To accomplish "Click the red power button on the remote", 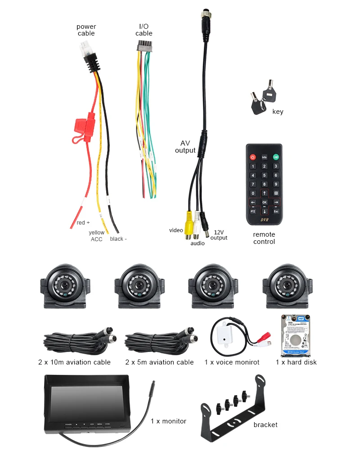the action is click(x=253, y=157).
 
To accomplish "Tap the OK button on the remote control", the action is click(x=265, y=202).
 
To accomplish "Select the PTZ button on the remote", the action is click(x=253, y=211).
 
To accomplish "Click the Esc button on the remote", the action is click(x=276, y=211).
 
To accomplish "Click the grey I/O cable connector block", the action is click(x=144, y=46).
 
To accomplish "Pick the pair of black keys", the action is click(x=260, y=99).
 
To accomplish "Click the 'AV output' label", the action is click(x=185, y=146).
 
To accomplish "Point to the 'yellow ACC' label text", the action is click(x=97, y=235).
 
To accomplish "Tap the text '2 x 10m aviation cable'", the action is click(x=74, y=362).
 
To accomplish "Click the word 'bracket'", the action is click(x=265, y=424).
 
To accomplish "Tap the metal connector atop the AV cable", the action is click(x=203, y=22).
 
